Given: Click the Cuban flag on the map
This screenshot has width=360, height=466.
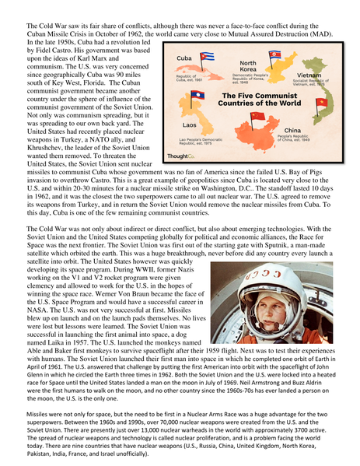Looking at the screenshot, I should [207, 57].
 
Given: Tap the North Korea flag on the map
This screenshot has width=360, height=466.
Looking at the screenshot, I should [274, 56].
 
